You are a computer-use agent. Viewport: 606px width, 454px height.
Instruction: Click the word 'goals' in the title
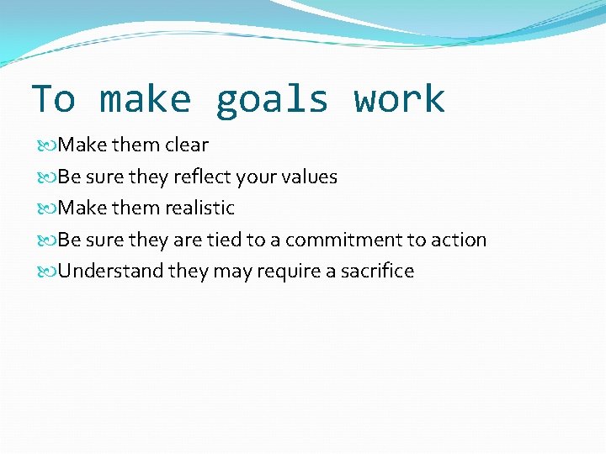click(271, 100)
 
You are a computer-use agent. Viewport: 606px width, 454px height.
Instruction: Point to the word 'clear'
click(187, 145)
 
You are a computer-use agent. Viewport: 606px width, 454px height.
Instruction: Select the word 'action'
click(459, 240)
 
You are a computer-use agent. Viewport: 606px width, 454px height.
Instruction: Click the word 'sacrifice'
click(377, 272)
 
